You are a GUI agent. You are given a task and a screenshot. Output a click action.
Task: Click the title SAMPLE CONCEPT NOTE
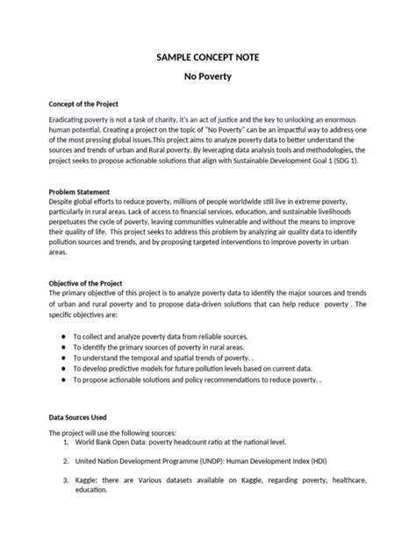point(207,57)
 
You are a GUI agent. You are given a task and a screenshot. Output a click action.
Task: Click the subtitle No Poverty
point(207,77)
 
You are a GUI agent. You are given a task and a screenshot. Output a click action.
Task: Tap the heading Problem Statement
point(80,191)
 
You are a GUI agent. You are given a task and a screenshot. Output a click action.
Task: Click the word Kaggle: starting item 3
point(90,480)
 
